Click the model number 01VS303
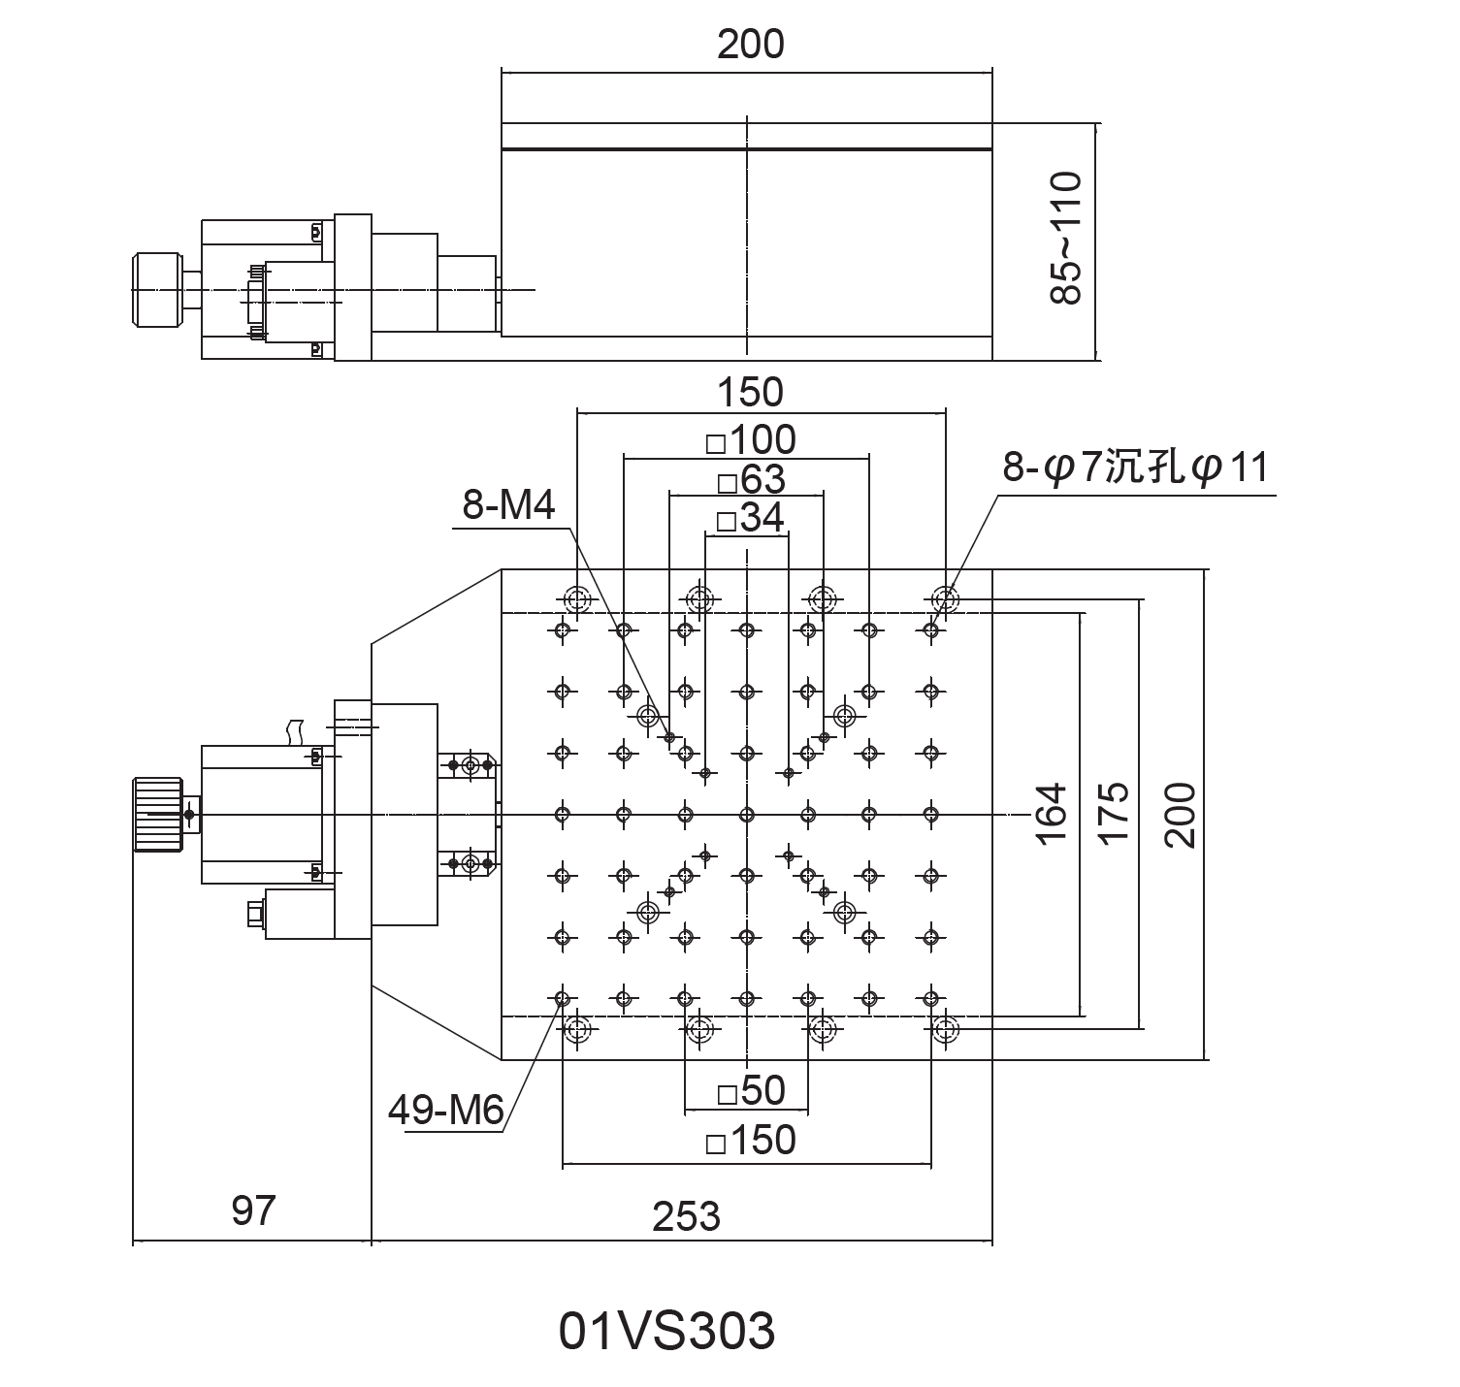666,1331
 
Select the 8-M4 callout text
508,505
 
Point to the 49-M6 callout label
445,1110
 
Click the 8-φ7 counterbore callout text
1135,468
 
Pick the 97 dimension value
253,1210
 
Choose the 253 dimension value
686,1215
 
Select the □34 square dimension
749,519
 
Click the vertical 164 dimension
1051,813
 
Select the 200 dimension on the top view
750,45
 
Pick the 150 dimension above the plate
750,392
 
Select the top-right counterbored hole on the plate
944,598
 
